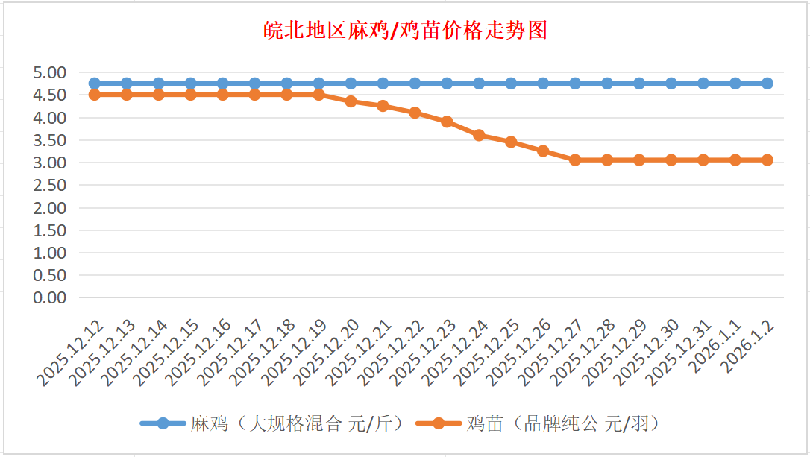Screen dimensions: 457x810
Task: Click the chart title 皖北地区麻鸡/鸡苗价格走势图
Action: coord(406,30)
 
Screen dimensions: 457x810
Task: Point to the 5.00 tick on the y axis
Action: coord(51,72)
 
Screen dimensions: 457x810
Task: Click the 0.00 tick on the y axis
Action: coord(51,297)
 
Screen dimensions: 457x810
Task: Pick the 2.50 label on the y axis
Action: coord(51,185)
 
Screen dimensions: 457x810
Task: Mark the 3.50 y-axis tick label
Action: coord(51,140)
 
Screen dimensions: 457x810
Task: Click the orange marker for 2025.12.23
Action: coord(447,122)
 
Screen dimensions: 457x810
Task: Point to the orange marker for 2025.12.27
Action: coord(575,160)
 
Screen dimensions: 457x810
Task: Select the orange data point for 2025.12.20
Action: coord(351,101)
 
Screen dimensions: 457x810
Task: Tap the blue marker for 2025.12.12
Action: coord(94,83)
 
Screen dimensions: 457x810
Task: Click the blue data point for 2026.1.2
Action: coord(767,83)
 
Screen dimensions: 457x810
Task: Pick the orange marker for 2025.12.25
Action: coord(511,142)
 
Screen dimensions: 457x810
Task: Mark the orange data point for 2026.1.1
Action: coord(735,160)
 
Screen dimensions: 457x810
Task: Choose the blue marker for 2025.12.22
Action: coord(415,83)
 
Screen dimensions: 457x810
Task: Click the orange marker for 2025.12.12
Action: coord(94,95)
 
